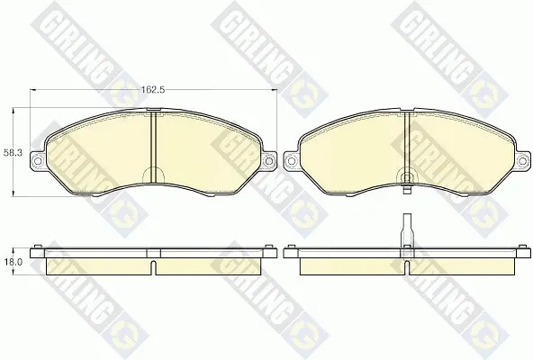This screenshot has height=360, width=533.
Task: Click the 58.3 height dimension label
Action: [13, 153]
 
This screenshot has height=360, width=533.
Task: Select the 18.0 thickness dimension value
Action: [13, 262]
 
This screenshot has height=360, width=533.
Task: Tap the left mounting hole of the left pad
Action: [38, 160]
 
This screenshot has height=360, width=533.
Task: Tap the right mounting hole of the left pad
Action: [268, 160]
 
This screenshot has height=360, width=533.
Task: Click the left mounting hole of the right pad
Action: [290, 160]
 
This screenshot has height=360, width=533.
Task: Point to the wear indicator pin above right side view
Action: [407, 230]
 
